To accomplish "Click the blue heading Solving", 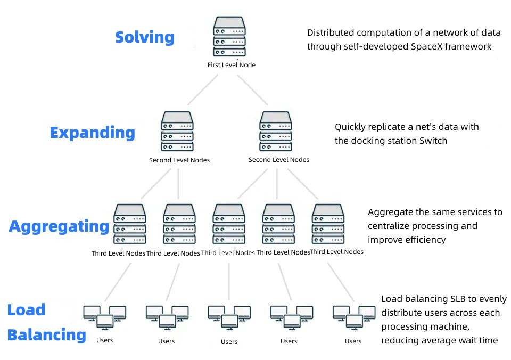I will (x=145, y=37).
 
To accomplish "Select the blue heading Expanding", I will (x=92, y=133).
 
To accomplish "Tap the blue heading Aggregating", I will (x=59, y=226).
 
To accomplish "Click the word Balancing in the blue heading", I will (x=46, y=335).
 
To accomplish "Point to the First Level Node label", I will (x=231, y=65).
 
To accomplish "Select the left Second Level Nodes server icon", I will (x=177, y=132).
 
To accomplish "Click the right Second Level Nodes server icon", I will (x=276, y=132).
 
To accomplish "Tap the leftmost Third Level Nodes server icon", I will (x=129, y=224).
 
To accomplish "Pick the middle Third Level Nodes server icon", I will (x=229, y=224).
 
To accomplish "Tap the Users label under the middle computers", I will (x=229, y=342).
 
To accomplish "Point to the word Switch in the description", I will (x=432, y=141).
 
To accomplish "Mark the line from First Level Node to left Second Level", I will (x=203, y=89).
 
